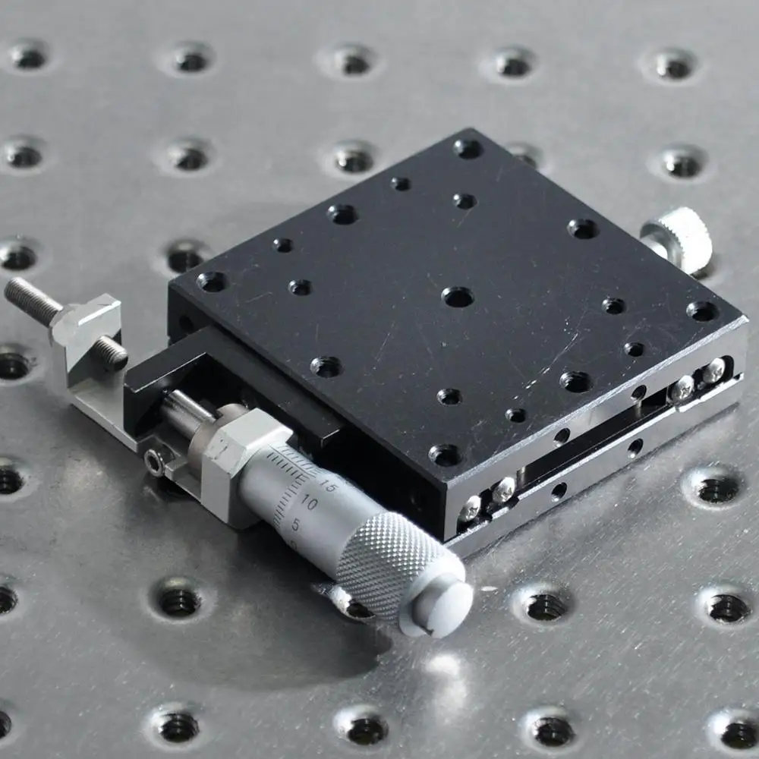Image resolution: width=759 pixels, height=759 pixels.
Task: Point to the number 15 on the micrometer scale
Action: tap(328, 487)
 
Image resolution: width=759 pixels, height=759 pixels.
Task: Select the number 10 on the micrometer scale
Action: tap(309, 502)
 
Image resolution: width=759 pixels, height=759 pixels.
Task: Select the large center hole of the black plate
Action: tap(458, 297)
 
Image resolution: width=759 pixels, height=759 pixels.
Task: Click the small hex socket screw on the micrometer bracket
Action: tap(156, 461)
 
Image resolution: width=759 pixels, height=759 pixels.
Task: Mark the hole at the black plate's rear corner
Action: tap(468, 148)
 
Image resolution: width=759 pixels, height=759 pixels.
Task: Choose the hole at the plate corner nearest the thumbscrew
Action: tap(702, 310)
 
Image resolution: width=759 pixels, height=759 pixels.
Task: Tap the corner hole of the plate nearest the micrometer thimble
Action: tap(445, 455)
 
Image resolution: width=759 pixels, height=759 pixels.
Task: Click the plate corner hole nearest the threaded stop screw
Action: tap(212, 282)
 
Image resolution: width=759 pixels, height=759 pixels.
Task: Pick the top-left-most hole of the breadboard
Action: tap(29, 55)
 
